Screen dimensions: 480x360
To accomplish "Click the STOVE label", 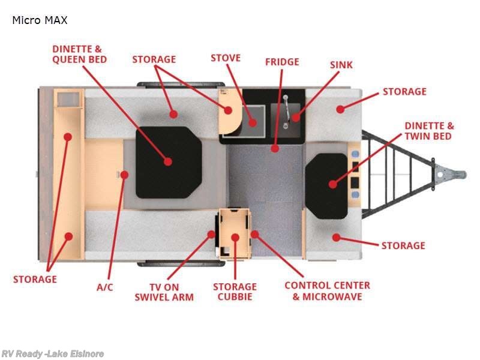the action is (226, 58).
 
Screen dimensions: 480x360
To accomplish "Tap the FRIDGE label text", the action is (282, 62).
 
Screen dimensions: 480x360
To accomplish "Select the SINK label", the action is (341, 65).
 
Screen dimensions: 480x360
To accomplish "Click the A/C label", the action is (104, 287).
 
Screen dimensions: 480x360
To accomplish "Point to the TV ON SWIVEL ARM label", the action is (164, 292).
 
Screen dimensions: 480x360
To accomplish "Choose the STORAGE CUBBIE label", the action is (235, 292).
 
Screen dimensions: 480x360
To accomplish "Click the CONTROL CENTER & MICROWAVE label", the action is (327, 291).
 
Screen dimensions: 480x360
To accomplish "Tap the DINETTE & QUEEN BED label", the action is (80, 54).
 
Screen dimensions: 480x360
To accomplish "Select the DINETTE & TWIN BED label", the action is (429, 131).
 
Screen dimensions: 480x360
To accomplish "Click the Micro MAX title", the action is (40, 20).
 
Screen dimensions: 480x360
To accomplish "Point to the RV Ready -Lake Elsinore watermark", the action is (52, 354).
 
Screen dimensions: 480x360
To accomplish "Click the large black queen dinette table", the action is (169, 162).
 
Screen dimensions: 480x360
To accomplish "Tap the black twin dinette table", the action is (326, 186).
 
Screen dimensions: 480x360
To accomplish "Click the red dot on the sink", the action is (296, 118).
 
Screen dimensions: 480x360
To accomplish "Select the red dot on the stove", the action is (253, 122).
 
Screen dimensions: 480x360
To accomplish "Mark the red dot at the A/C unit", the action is (124, 175).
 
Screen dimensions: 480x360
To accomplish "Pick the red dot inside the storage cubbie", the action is (235, 237).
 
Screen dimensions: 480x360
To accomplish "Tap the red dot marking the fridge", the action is (275, 149).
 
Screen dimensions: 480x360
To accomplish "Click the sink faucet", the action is (286, 111).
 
